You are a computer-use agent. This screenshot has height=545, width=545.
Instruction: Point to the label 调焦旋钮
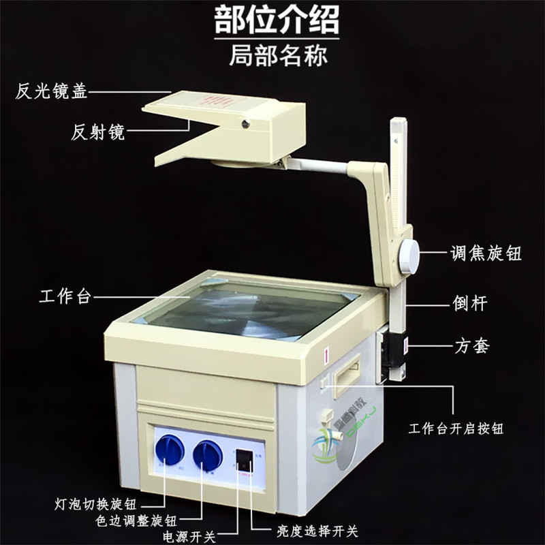[x=486, y=253]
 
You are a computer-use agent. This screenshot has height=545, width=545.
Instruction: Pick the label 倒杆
[x=470, y=303]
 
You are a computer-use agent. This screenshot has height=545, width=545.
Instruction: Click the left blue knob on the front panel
[x=169, y=450]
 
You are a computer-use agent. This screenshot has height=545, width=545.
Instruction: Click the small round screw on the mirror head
[x=244, y=123]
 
